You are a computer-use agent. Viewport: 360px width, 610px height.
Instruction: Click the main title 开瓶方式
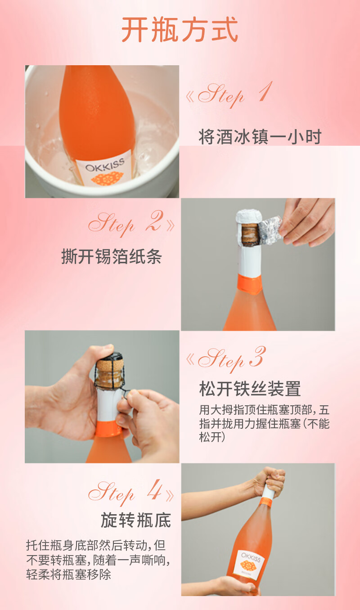[x=180, y=29]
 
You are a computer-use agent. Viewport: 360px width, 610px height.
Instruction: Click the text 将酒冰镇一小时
[x=260, y=137]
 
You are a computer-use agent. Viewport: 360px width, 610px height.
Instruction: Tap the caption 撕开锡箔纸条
[x=112, y=256]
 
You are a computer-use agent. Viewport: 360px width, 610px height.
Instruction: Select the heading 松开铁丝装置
[x=250, y=389]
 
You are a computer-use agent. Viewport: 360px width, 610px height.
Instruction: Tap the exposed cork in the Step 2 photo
[x=250, y=235]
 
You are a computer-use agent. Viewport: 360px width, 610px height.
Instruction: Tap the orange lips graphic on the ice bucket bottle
[x=107, y=178]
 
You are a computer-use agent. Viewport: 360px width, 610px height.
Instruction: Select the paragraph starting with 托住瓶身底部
[x=98, y=560]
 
